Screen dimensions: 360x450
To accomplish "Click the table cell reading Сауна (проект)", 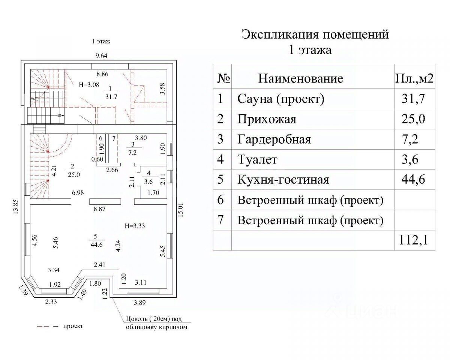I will point(280,99).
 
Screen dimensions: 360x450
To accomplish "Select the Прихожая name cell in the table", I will point(267,119).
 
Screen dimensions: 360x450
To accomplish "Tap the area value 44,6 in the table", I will point(414,180).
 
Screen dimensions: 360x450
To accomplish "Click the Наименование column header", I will point(301,78).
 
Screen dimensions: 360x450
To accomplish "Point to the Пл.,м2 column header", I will point(415,78).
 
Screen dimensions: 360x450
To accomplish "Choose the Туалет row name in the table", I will point(257,160).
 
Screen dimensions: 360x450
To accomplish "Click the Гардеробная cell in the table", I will point(274,139).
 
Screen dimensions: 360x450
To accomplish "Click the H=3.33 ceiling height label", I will point(134,226).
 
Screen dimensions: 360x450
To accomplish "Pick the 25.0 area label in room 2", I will point(74,174).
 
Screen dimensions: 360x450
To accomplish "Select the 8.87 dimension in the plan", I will point(99,210).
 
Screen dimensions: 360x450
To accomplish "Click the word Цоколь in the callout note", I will point(134,319).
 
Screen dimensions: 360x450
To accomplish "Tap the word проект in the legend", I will point(73,326).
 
